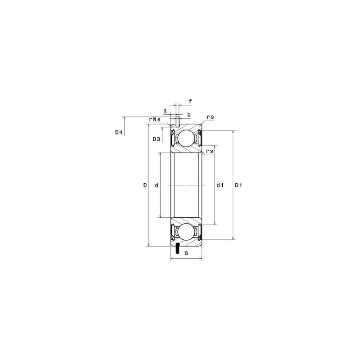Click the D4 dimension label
pyautogui.click(x=119, y=132)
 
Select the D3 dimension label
pyautogui.click(x=157, y=139)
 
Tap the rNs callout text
pyautogui.click(x=155, y=119)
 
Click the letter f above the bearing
pyautogui.click(x=190, y=101)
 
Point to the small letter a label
pyautogui.click(x=165, y=110)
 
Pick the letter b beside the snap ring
pyautogui.click(x=189, y=115)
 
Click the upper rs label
pyautogui.click(x=210, y=117)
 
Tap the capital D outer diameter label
pyautogui.click(x=145, y=185)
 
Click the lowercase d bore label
pyautogui.click(x=156, y=185)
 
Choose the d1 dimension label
pyautogui.click(x=220, y=185)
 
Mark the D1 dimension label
pyautogui.click(x=238, y=185)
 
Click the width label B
pyautogui.click(x=186, y=254)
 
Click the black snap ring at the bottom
pyautogui.click(x=179, y=247)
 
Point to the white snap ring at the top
pyautogui.click(x=179, y=121)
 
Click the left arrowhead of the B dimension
pyautogui.click(x=172, y=260)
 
